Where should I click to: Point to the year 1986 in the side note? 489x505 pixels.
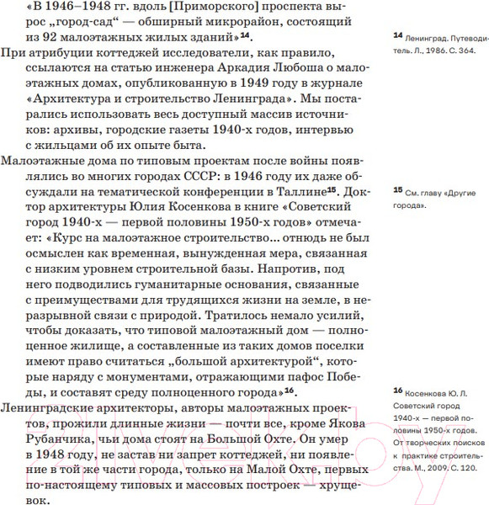click(x=445, y=52)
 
